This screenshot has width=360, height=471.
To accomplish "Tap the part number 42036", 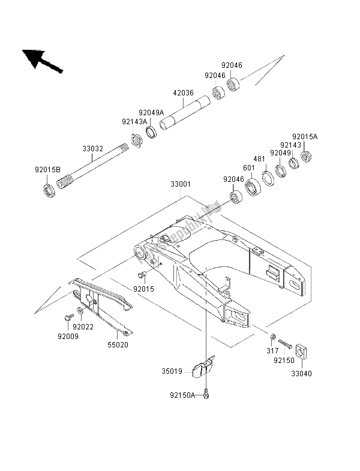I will [x=184, y=93].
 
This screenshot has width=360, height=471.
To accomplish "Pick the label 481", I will [x=259, y=159].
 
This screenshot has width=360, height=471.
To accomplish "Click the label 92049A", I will [x=151, y=112].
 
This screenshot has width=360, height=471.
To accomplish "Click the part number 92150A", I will [x=182, y=394].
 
